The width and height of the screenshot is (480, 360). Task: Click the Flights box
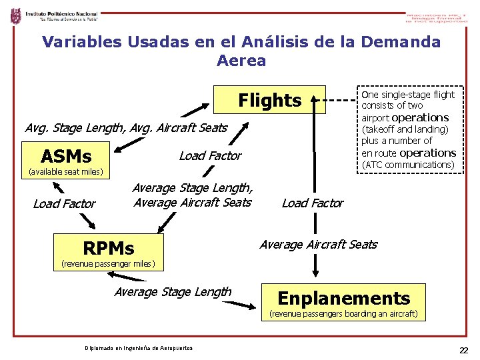click(x=269, y=100)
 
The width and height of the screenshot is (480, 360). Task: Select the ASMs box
click(x=66, y=157)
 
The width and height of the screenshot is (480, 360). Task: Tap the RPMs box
click(x=109, y=248)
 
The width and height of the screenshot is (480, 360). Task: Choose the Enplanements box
click(x=343, y=297)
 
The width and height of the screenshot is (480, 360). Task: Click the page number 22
click(x=463, y=351)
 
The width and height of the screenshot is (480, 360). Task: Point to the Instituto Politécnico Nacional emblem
click(x=15, y=16)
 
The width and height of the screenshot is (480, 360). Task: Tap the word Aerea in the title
click(x=241, y=61)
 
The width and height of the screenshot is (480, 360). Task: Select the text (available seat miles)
click(x=64, y=172)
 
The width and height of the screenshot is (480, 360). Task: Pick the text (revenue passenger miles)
click(x=108, y=263)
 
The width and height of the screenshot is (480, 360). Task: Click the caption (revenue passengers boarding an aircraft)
click(x=343, y=313)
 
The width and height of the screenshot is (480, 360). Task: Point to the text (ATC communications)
click(x=407, y=165)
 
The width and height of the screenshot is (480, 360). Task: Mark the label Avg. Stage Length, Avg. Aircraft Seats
click(x=125, y=127)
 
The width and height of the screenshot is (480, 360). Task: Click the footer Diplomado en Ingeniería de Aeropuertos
click(x=139, y=348)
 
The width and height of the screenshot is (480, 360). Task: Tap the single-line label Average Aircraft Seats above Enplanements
click(x=318, y=245)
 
